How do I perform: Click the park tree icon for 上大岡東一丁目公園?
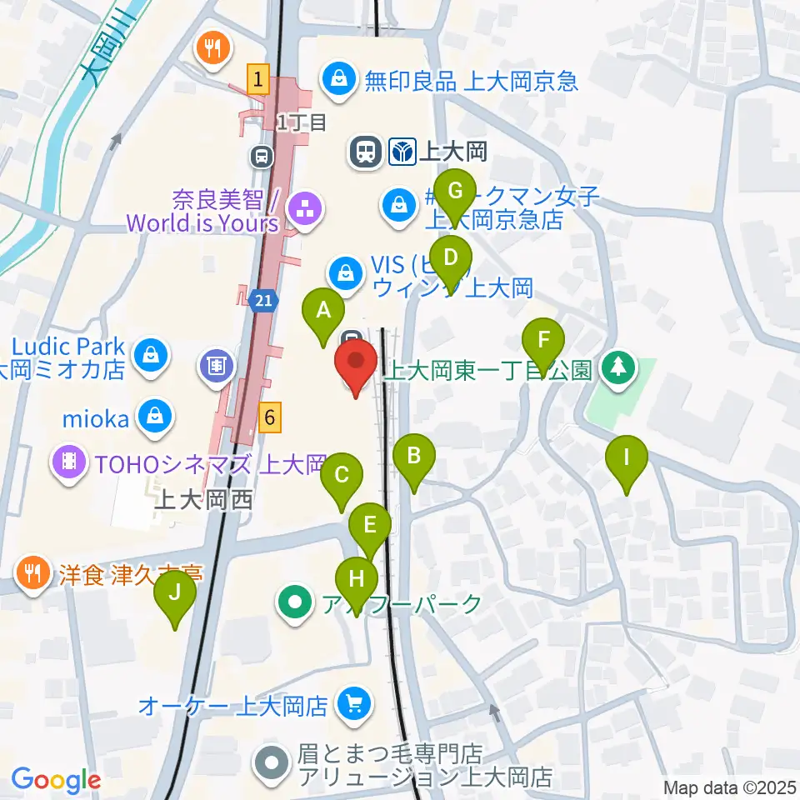(x=618, y=368)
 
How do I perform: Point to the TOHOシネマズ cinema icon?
(x=69, y=464)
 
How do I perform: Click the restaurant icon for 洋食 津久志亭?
(x=32, y=573)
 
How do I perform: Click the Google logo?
(x=56, y=781)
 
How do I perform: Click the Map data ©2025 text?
(x=730, y=787)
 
